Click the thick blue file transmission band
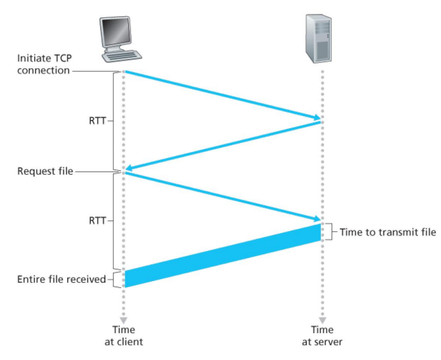click(x=223, y=256)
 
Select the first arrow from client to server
click(x=223, y=95)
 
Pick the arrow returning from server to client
click(x=223, y=145)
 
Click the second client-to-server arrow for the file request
click(x=223, y=196)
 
